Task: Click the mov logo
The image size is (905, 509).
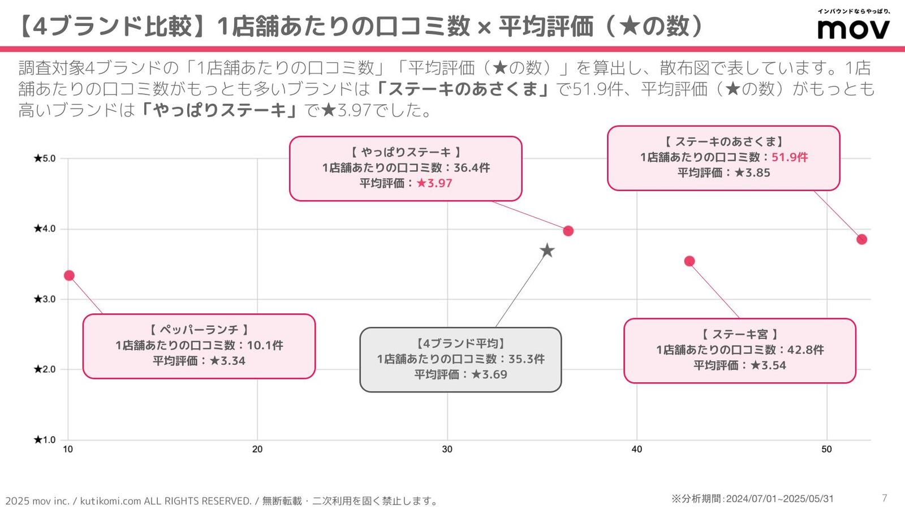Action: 854,25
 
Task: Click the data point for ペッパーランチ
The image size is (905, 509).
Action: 69,275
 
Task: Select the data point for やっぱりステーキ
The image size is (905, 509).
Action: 568,231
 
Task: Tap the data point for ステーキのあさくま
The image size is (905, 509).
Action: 862,240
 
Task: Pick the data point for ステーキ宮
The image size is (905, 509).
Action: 689,261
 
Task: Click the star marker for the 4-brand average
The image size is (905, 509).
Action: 547,251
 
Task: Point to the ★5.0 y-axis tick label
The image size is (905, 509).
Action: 45,158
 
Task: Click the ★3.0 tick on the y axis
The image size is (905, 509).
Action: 45,299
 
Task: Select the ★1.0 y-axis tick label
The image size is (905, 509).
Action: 45,440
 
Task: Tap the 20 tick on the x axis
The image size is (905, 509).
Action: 257,449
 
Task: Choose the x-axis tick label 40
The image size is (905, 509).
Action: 637,449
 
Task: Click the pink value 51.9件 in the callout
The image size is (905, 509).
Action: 790,157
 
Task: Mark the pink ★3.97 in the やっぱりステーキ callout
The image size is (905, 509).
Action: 434,183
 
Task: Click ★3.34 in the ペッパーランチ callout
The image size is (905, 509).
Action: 227,361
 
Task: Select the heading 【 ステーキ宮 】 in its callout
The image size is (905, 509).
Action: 739,334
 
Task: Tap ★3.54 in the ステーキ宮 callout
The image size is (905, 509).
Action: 769,365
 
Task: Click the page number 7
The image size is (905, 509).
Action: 885,498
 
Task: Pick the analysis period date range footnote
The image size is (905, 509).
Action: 752,499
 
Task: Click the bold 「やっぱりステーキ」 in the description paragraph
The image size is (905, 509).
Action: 219,110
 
